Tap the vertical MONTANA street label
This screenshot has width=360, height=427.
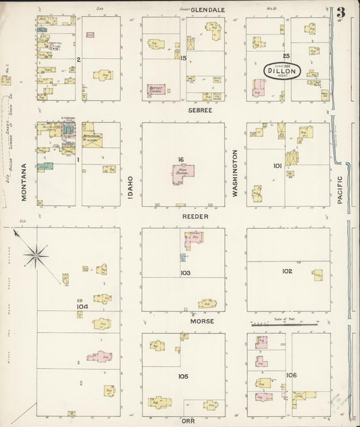(24, 182)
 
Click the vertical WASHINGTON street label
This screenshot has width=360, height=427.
(236, 174)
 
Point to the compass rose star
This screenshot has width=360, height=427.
(36, 255)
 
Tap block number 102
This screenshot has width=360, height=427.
(287, 271)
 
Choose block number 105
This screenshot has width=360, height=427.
(183, 376)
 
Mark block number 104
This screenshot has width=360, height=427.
(82, 306)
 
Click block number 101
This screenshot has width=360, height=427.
(277, 165)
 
